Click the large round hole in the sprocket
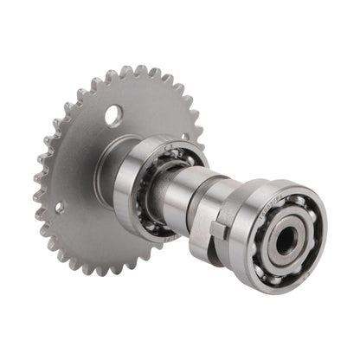114,114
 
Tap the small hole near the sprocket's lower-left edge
60,208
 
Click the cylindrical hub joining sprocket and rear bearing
111,173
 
